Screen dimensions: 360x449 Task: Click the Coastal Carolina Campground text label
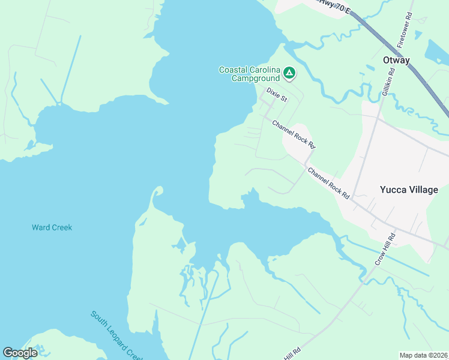(x=249, y=74)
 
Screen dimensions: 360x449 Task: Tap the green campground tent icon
(x=289, y=74)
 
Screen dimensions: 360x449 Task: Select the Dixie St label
(x=276, y=95)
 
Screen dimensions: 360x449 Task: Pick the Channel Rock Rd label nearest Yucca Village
(x=329, y=182)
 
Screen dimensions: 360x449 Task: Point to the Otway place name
(x=396, y=60)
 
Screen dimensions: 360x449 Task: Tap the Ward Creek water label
(x=52, y=227)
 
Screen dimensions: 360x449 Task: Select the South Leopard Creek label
(x=116, y=335)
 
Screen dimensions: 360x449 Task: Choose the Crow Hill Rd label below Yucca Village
(x=386, y=249)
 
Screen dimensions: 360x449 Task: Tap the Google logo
(x=20, y=353)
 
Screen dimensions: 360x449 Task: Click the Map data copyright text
(x=424, y=355)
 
